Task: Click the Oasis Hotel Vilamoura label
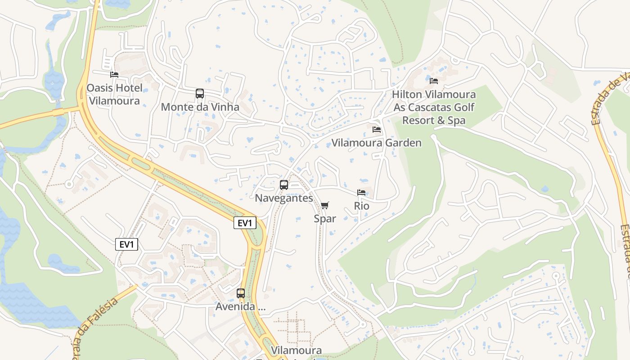click(x=114, y=94)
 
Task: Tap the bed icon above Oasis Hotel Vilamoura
click(x=114, y=74)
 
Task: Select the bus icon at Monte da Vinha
click(x=200, y=94)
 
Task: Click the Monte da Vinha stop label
click(x=200, y=107)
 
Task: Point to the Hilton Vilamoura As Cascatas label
click(x=434, y=108)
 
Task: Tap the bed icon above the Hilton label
click(x=434, y=81)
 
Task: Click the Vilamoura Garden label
click(x=376, y=143)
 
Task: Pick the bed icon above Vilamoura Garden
click(x=377, y=130)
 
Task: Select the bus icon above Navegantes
click(x=284, y=184)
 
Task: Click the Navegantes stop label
click(x=284, y=198)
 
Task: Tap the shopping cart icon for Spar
click(x=325, y=206)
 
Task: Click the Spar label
click(x=325, y=219)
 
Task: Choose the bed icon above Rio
click(x=361, y=193)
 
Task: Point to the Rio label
click(x=361, y=206)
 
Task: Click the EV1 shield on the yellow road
click(x=245, y=223)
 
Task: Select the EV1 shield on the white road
click(x=126, y=244)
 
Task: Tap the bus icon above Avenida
click(x=241, y=293)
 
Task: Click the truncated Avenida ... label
click(x=241, y=307)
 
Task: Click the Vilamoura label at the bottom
click(x=296, y=351)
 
